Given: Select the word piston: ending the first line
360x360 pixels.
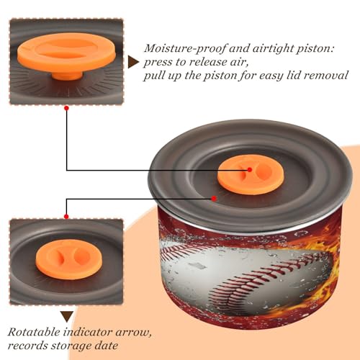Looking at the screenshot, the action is coord(315,49).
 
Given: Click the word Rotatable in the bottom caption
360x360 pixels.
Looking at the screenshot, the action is coord(34,333).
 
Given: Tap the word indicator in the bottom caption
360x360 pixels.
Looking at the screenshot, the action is coord(89,333).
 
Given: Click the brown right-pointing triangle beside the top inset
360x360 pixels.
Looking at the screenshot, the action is coord(133,63).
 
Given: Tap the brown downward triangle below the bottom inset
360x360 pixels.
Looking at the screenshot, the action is coord(67,317).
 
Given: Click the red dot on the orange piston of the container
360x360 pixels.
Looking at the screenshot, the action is coord(250,169).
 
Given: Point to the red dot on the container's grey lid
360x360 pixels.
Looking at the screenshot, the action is coord(214,199).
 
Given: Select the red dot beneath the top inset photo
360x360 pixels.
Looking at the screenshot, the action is coord(67,108).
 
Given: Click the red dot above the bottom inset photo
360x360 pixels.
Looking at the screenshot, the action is coord(66,217).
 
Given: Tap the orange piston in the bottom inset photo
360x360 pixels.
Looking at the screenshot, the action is coord(69,259).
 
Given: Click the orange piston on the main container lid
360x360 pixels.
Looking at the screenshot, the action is coord(251,174).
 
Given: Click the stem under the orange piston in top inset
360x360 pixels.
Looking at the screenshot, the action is coord(66,76).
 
